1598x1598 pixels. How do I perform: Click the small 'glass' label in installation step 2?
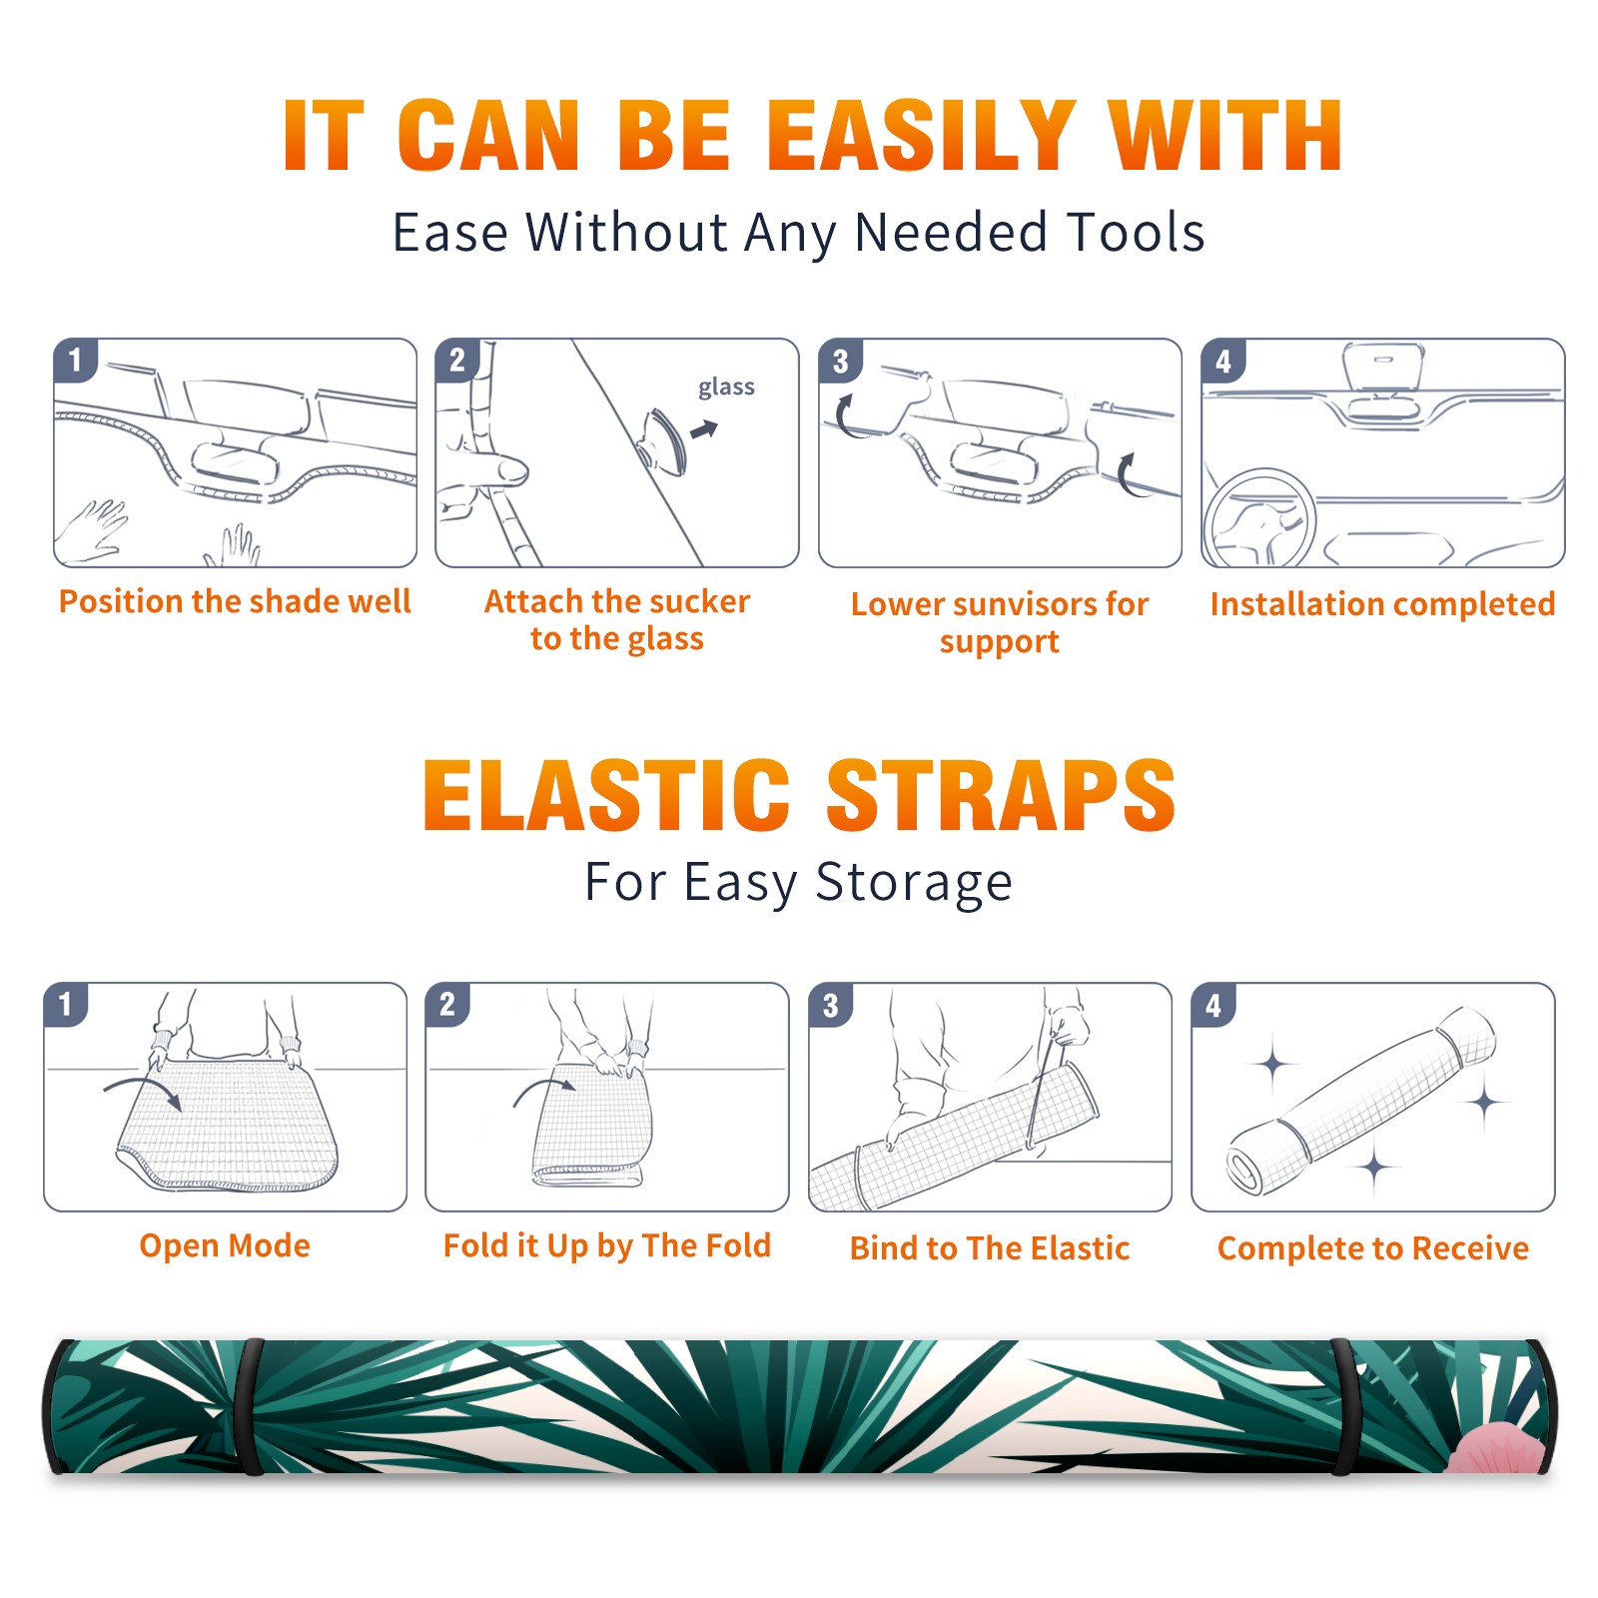pos(726,388)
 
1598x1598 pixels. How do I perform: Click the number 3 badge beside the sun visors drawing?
pos(840,361)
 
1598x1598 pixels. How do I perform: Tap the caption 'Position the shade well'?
pos(235,601)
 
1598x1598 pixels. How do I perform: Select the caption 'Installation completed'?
pos(1382,603)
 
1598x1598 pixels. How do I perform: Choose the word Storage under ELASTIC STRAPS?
pos(914,882)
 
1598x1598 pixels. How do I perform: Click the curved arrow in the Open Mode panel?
pos(143,1091)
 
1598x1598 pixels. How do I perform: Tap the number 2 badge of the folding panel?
pos(447,1004)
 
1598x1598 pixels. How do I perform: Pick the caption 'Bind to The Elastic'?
pos(989,1247)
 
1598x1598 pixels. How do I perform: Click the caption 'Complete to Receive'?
pos(1373,1247)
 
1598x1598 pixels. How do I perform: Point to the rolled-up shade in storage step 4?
pos(1361,1101)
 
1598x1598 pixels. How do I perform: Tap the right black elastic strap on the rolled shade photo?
pos(1342,1406)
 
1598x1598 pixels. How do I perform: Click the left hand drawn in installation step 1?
pos(93,527)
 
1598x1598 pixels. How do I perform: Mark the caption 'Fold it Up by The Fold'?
pos(607,1245)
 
